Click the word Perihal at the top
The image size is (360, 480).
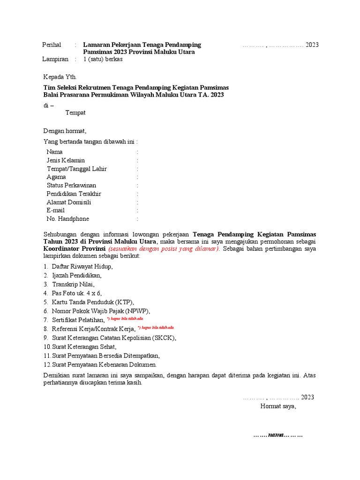coord(52,45)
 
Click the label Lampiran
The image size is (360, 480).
coord(55,59)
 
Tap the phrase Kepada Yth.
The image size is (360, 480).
coord(60,77)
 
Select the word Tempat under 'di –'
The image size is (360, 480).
coord(75,113)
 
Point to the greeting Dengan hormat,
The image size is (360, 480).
coord(65,131)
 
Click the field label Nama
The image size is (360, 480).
coord(54,152)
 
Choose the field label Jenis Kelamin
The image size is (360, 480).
coord(66,160)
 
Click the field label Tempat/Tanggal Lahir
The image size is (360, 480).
coord(76,169)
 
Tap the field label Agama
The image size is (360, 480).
coord(56,177)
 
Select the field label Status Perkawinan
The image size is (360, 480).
coord(71,186)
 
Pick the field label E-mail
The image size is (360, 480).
coord(56,210)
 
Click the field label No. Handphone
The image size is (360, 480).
coord(67,219)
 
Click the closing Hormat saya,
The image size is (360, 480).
coord(278,406)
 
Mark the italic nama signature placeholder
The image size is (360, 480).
coord(278,435)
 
